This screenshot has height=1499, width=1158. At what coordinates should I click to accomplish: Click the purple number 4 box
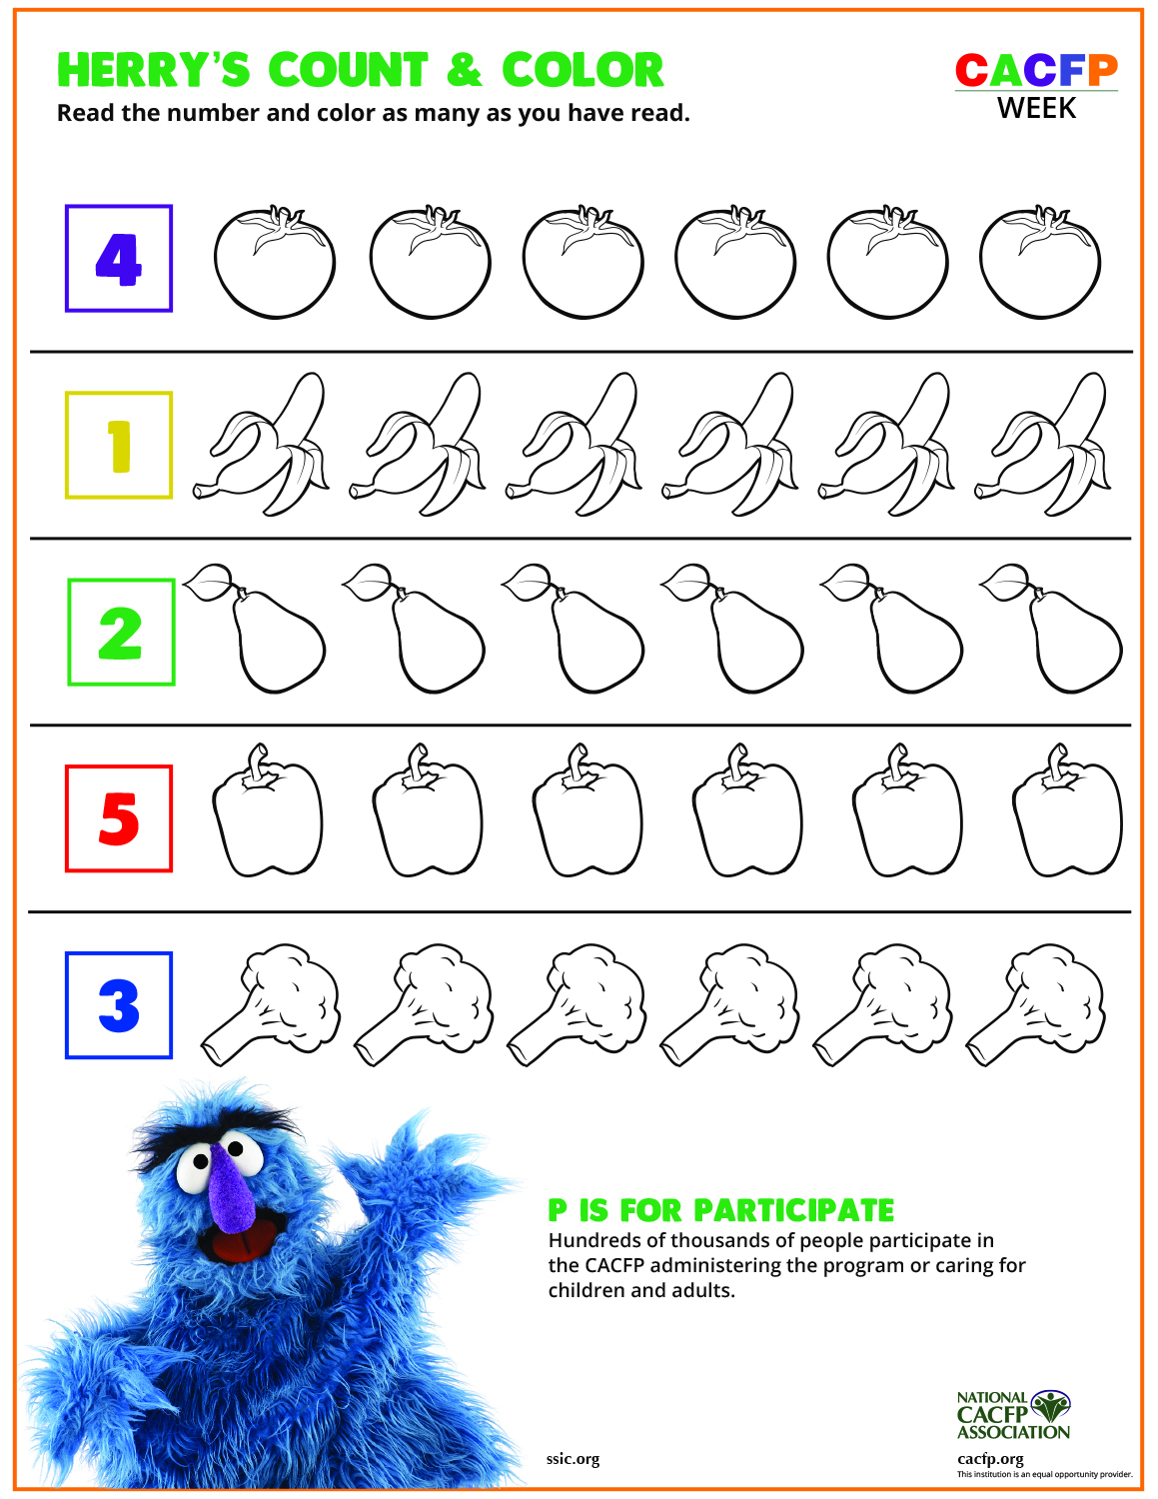(119, 259)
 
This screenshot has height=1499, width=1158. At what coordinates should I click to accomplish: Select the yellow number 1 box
(119, 445)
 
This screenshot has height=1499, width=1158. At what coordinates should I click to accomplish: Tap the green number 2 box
(121, 633)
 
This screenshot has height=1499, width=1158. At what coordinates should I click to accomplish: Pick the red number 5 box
(119, 818)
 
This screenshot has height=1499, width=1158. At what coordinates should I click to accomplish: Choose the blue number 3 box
(119, 1005)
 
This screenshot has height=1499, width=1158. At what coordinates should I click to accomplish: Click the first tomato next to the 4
(275, 264)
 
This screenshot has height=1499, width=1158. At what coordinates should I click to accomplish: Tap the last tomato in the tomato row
(1040, 264)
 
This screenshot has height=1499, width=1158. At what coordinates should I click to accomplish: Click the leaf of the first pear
(208, 583)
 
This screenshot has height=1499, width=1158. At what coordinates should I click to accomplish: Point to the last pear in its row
(1071, 640)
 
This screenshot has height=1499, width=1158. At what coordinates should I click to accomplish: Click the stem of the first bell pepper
(260, 764)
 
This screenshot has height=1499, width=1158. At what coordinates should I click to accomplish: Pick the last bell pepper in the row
(1067, 819)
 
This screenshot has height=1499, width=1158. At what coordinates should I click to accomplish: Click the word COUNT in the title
(348, 71)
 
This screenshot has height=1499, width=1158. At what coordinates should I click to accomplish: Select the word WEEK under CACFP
(1036, 108)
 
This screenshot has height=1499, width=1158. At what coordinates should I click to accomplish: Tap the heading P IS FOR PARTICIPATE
(720, 1210)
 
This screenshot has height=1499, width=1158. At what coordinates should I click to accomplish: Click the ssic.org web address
(573, 1458)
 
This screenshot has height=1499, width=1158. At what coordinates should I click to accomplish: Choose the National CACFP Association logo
(1012, 1415)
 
